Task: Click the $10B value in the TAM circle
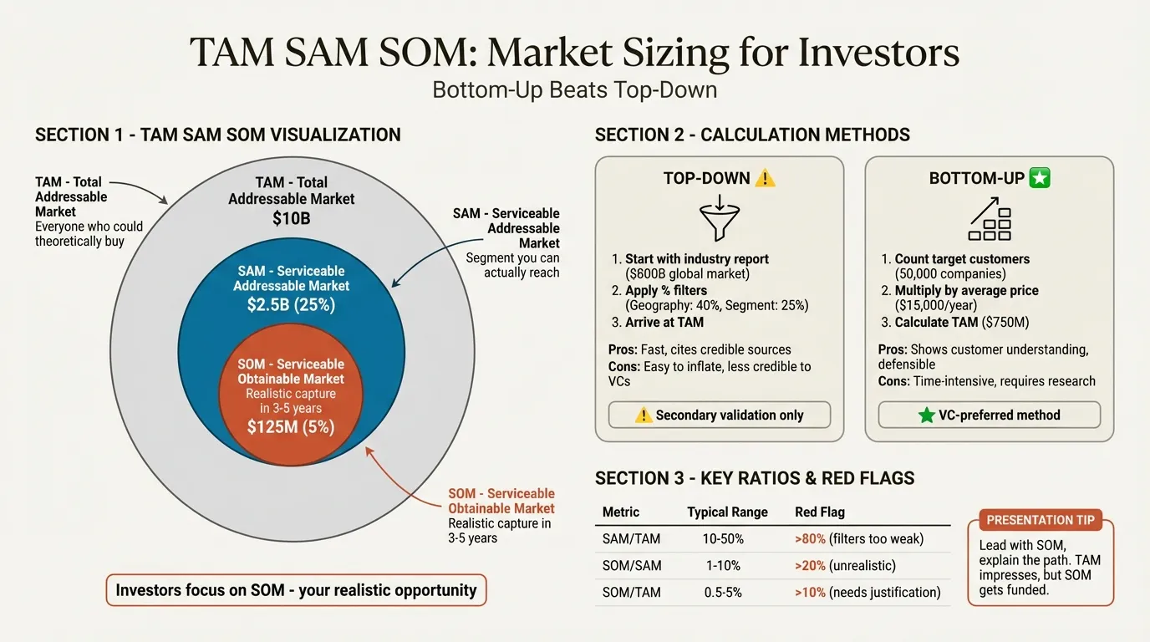click(291, 219)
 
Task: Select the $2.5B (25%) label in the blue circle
click(291, 305)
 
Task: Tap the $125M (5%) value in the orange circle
click(291, 427)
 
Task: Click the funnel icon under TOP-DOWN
click(719, 220)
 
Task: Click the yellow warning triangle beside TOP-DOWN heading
click(765, 178)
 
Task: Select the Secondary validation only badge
click(719, 415)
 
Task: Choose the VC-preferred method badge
click(990, 415)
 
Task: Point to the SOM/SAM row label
click(632, 566)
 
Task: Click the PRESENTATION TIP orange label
click(1041, 520)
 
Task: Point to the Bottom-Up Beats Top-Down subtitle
click(574, 89)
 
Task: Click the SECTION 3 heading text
click(754, 479)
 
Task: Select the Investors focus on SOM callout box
click(296, 590)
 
